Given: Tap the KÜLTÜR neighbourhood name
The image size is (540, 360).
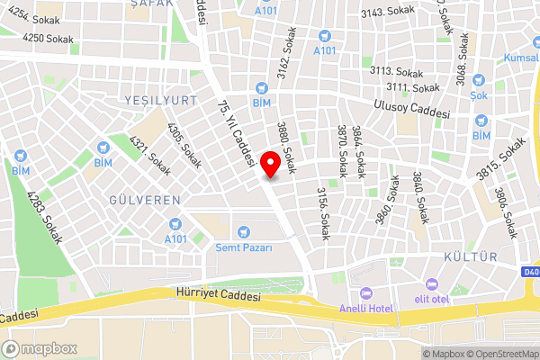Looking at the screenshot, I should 471,257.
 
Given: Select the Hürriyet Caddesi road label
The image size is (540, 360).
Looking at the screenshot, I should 219,295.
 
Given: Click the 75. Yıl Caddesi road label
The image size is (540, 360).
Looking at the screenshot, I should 235,135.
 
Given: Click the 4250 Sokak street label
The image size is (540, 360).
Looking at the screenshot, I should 48,39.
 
